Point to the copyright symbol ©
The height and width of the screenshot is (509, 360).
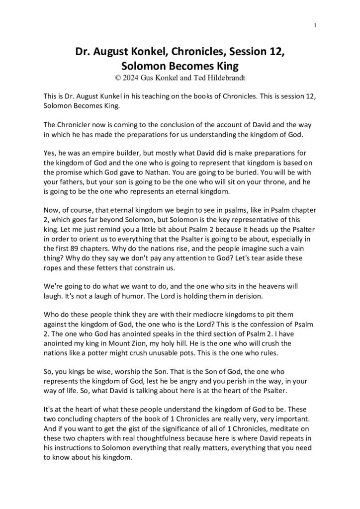tap(117, 78)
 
